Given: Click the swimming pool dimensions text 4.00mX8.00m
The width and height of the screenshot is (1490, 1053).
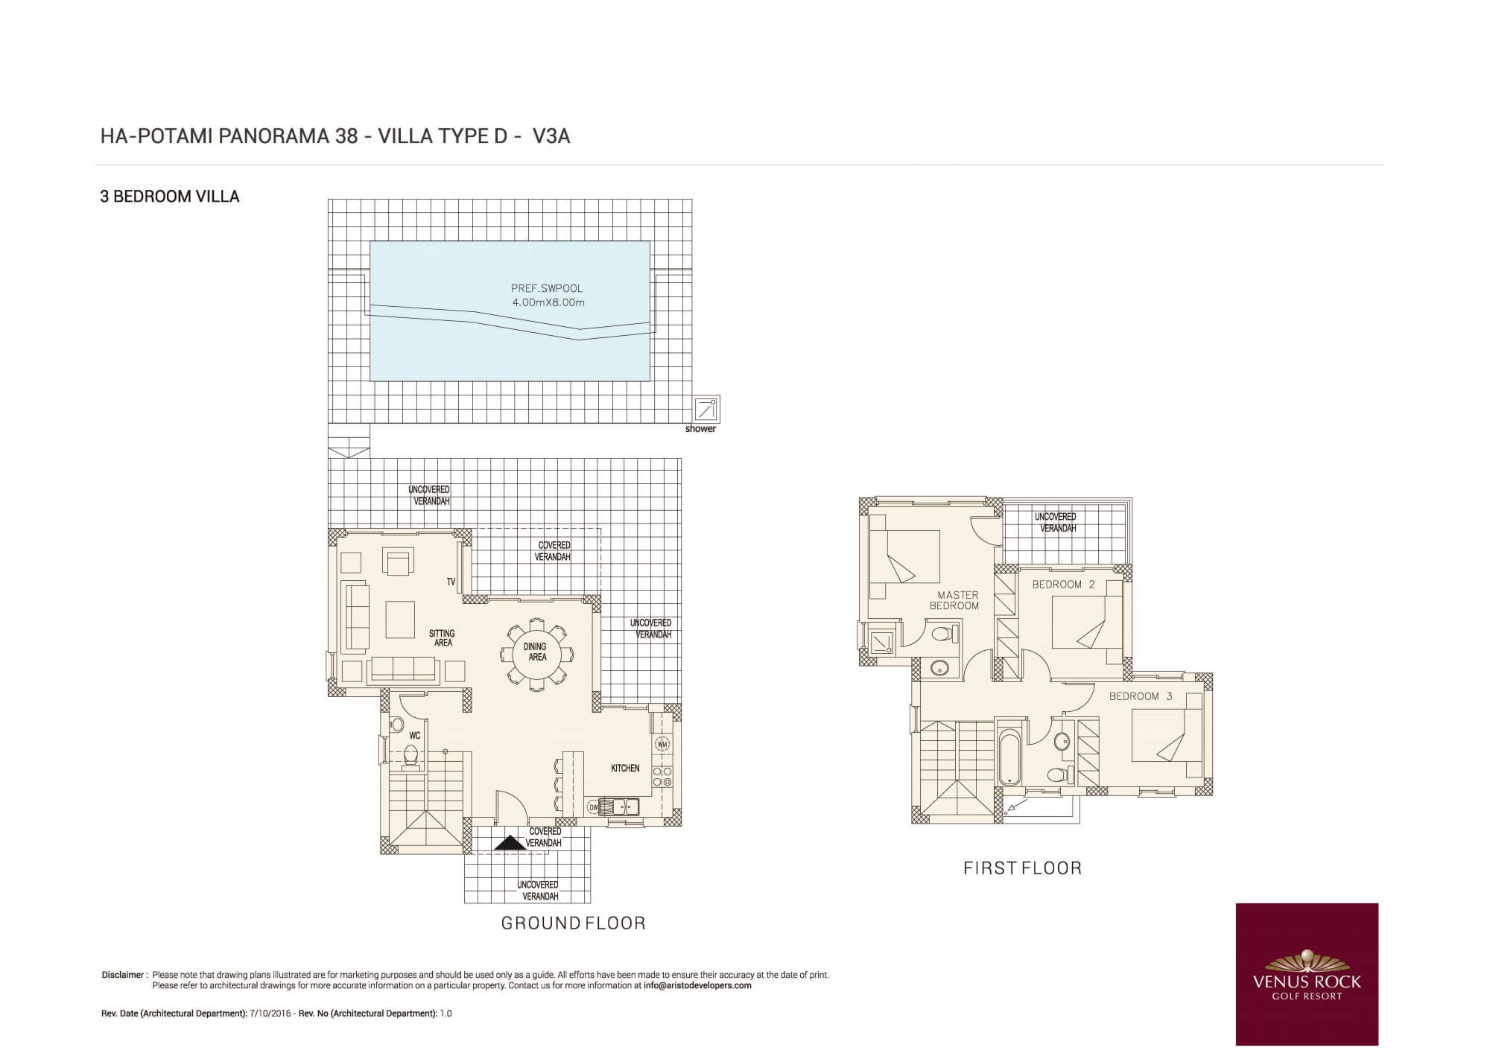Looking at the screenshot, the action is coord(548,302).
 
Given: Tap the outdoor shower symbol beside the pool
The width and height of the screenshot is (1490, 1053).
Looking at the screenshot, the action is coord(706,410).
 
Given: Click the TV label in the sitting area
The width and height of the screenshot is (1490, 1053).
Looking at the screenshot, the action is coord(451,582).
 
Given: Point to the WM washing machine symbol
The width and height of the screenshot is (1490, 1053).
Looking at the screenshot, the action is coord(662,743).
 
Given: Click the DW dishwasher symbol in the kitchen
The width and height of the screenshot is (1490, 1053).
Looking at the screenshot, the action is coord(593,807).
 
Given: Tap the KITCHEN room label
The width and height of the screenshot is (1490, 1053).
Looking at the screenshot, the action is coord(625,769).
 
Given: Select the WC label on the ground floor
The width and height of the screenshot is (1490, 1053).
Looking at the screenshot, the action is coord(415,736).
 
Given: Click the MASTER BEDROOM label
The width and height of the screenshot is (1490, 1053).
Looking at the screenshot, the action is coord(956,600).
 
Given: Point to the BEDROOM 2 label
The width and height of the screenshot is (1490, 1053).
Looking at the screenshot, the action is coord(1064,585).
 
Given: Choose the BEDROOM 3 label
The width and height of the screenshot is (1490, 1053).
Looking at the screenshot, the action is coord(1141,696).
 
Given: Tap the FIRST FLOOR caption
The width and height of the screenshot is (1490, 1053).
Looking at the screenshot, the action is coord(1022,868).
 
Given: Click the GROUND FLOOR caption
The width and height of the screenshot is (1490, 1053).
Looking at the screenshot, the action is coord(573,923).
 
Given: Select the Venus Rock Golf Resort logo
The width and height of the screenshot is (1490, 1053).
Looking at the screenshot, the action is coord(1307,974).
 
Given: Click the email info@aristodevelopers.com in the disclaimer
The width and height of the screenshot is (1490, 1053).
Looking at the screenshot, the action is coord(697,985).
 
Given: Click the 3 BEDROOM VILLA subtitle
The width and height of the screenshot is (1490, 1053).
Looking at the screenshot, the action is coord(170,197).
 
